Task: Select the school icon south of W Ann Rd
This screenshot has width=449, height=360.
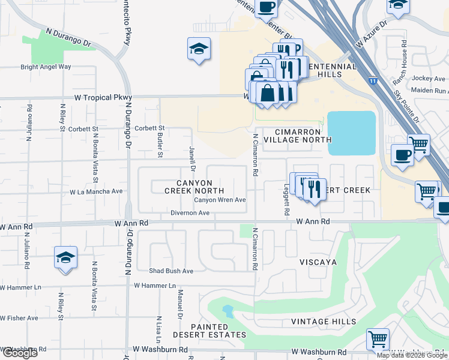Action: (x=65, y=258)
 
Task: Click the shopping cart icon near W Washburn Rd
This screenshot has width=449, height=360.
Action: (x=378, y=339)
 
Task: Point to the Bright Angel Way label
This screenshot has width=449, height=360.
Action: (x=46, y=67)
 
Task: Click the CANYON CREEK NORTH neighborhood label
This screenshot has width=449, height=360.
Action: (x=195, y=187)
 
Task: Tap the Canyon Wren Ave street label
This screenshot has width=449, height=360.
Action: (x=219, y=200)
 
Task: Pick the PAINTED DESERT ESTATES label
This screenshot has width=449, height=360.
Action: (x=209, y=330)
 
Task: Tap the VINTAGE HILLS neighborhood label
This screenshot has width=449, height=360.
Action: (x=319, y=322)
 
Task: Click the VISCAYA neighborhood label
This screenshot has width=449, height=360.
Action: (x=318, y=263)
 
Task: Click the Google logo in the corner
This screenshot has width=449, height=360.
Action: (x=19, y=353)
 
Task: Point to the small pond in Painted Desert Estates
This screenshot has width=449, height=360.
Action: (x=228, y=311)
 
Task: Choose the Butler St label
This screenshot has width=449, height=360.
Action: (x=160, y=146)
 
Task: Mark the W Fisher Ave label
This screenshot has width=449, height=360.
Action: (x=19, y=318)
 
